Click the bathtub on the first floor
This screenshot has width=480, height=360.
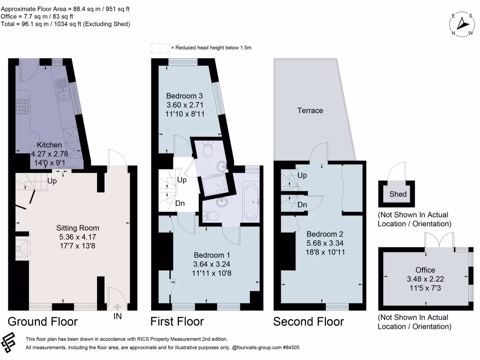[x=250, y=202]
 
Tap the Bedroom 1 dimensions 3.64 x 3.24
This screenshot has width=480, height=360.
[x=212, y=264]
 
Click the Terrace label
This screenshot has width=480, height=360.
[x=310, y=111]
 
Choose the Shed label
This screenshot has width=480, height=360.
[x=398, y=194]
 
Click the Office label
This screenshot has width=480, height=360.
[x=425, y=270]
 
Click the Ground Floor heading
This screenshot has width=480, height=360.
[x=43, y=322]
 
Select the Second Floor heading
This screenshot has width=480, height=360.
[x=308, y=322]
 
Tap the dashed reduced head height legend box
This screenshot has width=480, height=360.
[x=160, y=48]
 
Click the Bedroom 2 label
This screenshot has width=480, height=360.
[x=322, y=234]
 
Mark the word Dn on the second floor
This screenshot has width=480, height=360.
[x=302, y=205]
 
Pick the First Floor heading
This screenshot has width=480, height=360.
[x=177, y=322]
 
